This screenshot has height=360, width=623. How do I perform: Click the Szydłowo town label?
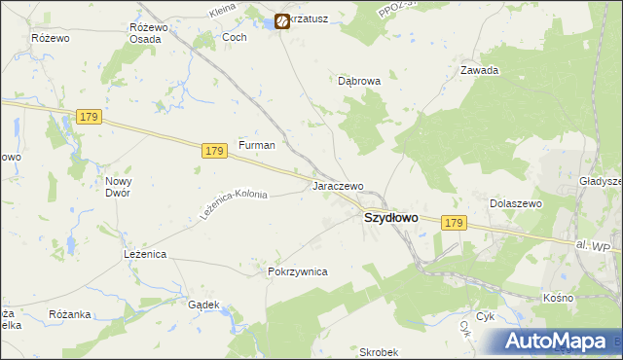(x=390, y=218)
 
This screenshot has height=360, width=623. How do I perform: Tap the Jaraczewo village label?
(x=337, y=185)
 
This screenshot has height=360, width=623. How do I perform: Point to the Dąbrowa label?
(x=358, y=82)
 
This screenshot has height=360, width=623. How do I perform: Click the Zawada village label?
(x=480, y=70)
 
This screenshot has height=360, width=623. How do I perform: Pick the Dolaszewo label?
(x=515, y=203)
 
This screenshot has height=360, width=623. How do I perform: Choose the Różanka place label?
(x=69, y=314)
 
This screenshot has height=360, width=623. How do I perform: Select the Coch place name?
(x=235, y=37)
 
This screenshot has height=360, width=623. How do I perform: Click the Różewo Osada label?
(x=150, y=33)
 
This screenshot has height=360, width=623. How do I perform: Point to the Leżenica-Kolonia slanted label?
(x=233, y=203)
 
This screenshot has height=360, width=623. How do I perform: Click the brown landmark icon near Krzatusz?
(x=282, y=20)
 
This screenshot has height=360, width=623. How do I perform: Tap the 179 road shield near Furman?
(x=215, y=151)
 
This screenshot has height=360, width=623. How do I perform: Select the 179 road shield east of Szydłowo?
(x=453, y=223)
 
